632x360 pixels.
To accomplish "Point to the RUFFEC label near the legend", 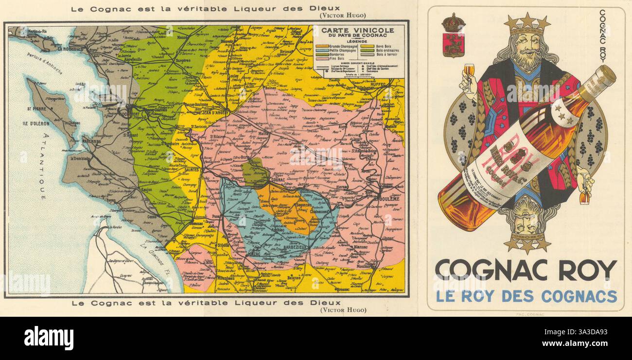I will click(x=381, y=84).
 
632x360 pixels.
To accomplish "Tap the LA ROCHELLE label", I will click(x=71, y=49).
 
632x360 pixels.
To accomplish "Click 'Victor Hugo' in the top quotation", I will click(x=342, y=15).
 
